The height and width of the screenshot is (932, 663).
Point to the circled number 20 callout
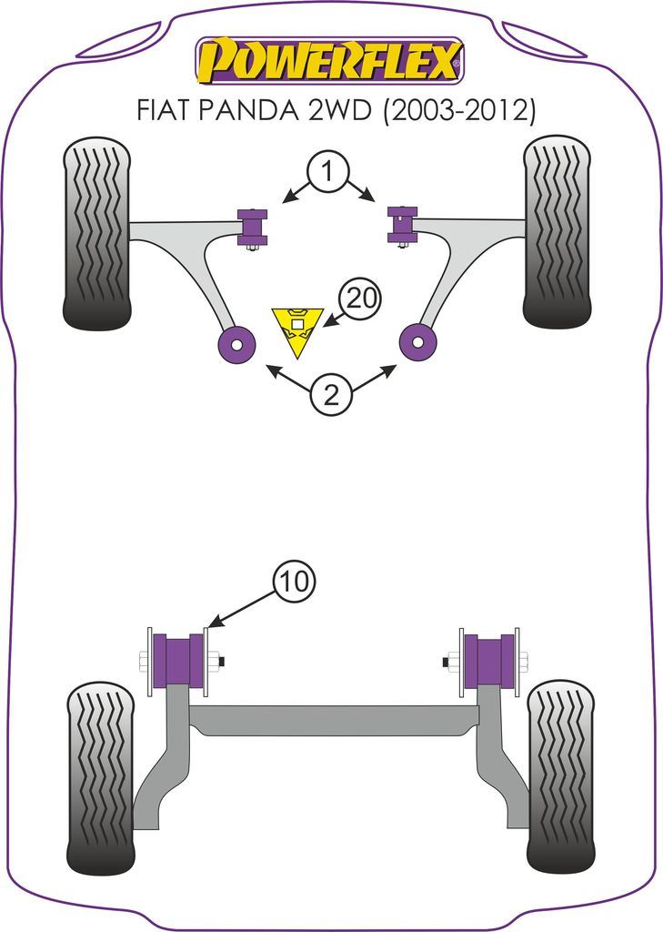(361, 299)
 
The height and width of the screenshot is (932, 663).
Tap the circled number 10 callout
(293, 581)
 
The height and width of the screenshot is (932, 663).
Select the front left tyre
(96, 234)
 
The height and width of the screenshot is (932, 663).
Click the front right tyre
(558, 232)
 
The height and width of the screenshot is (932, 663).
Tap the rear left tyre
(101, 777)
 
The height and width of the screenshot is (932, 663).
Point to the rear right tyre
(560, 775)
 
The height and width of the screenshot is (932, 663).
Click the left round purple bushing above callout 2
(238, 344)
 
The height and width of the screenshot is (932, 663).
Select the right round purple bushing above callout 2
(418, 343)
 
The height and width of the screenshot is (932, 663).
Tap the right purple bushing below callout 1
(401, 224)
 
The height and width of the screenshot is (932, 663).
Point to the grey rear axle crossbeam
(333, 720)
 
